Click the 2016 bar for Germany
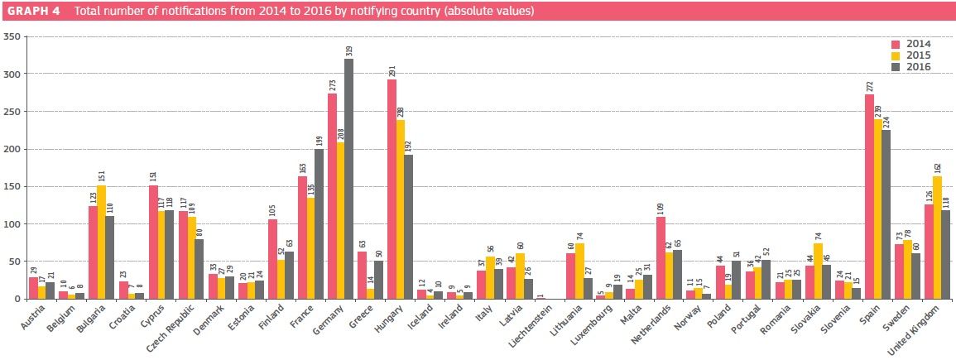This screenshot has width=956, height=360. [x=349, y=179]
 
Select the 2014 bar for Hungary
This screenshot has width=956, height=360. [x=392, y=190]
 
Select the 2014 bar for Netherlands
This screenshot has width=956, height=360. [x=661, y=257]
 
